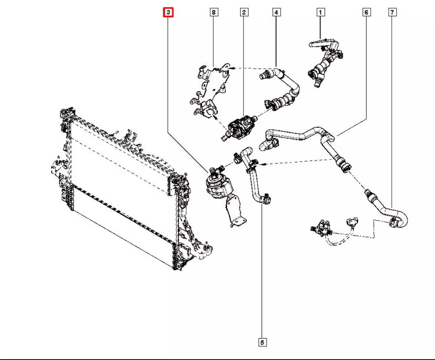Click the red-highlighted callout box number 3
(x=168, y=13)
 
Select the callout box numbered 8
(x=213, y=13)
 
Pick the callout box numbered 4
(x=276, y=13)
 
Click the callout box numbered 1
(x=320, y=13)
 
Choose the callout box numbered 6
(x=366, y=13)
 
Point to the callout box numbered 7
(x=392, y=13)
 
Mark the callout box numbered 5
(x=262, y=343)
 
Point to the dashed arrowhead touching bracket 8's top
(x=231, y=68)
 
